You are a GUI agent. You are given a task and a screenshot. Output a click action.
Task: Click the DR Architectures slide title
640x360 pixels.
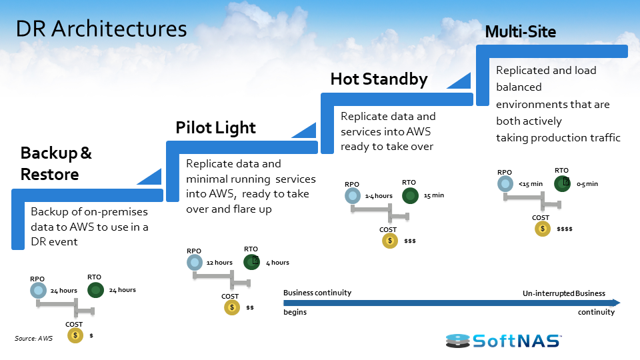(101, 29)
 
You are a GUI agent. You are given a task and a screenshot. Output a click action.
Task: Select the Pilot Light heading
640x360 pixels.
(215, 127)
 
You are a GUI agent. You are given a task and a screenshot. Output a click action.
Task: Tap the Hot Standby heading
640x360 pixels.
(379, 79)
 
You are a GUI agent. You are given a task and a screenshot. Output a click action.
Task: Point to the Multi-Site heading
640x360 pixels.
(520, 31)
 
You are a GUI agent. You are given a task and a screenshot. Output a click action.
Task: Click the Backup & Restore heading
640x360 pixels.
(56, 163)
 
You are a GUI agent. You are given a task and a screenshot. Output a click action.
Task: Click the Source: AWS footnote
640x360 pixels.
(33, 339)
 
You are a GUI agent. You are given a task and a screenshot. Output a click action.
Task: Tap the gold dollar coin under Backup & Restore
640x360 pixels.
(75, 335)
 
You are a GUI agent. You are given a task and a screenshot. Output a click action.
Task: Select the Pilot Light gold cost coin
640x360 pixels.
(232, 307)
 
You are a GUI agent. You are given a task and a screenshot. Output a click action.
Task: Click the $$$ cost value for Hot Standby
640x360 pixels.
(410, 241)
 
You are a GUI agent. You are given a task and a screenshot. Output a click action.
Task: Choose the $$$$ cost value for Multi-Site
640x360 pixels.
(565, 229)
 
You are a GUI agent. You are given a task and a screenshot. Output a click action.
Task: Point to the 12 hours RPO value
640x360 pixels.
(219, 263)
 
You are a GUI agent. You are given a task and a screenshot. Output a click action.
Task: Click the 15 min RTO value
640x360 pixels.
(433, 195)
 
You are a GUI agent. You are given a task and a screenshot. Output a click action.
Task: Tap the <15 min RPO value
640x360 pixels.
(531, 183)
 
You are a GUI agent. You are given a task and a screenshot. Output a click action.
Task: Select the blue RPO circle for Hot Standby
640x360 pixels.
(353, 195)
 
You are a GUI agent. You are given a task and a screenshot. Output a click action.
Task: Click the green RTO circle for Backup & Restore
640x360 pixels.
(95, 290)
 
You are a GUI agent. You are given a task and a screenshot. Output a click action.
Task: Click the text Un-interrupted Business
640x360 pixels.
(563, 293)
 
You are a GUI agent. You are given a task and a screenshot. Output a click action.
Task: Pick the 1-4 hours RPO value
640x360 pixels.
(379, 196)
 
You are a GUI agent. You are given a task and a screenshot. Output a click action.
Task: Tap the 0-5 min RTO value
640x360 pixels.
(587, 183)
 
